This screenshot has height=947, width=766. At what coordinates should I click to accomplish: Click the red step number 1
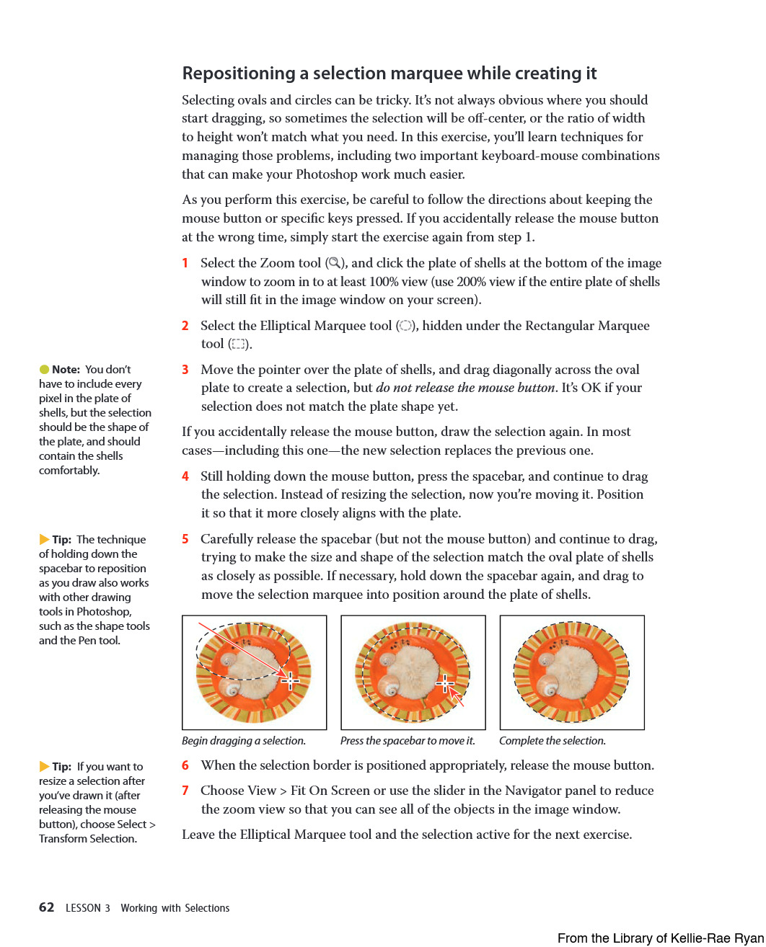185,263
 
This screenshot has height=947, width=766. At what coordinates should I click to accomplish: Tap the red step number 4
185,476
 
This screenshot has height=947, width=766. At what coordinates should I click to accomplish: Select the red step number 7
185,791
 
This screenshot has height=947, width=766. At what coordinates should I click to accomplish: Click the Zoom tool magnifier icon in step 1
334,263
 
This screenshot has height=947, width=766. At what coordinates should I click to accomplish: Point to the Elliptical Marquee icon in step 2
406,326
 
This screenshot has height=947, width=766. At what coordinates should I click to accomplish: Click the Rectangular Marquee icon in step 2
238,344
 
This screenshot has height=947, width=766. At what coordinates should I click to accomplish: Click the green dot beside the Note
44,370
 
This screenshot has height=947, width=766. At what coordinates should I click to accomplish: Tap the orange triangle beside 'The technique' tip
44,540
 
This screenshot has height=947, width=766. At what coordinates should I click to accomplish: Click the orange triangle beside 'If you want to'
44,767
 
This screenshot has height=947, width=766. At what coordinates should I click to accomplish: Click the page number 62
46,907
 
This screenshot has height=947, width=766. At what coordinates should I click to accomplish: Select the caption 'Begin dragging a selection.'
244,741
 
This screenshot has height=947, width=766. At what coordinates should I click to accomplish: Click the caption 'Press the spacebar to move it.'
408,741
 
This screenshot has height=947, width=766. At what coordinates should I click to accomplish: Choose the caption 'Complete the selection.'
553,741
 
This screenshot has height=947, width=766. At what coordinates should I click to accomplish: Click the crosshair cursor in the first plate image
290,680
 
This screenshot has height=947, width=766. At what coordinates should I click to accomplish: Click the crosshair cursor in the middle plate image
445,683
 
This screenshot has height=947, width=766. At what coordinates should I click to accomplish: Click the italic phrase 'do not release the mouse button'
466,388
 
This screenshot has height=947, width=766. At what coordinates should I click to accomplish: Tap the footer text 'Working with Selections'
175,908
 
